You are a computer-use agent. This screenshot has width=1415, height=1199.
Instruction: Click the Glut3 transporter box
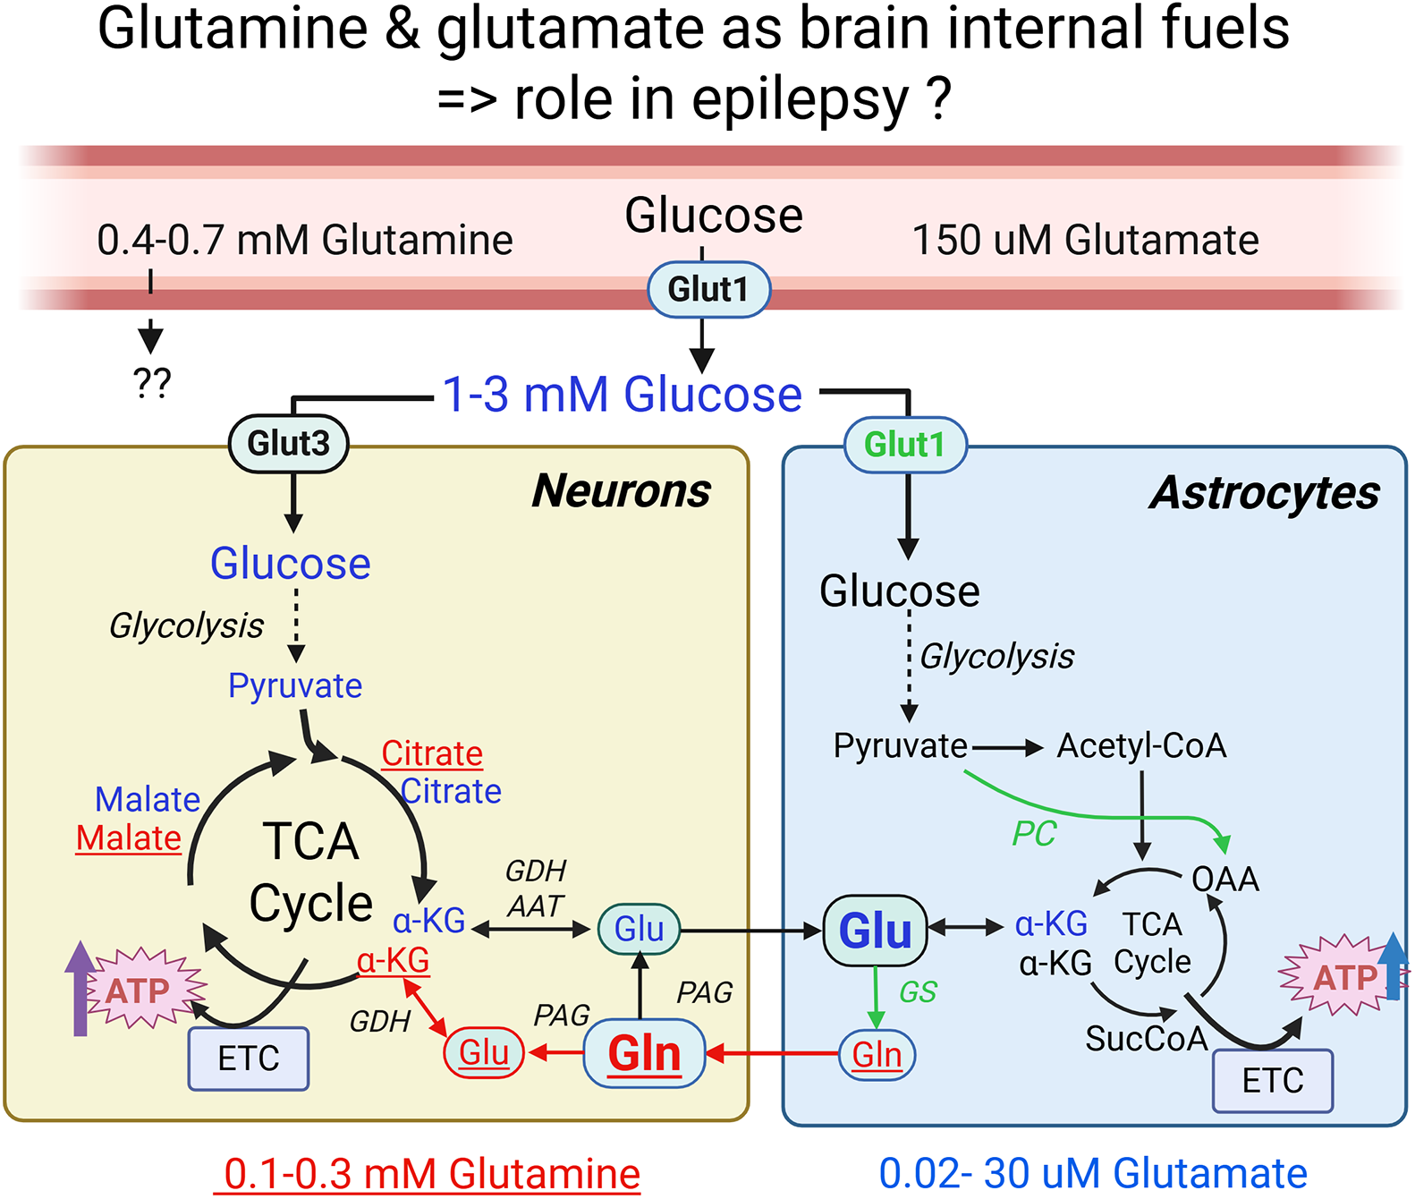tap(288, 443)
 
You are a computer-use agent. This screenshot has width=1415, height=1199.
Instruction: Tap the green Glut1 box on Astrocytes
tap(905, 445)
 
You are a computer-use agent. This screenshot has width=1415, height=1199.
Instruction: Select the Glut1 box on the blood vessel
tap(708, 289)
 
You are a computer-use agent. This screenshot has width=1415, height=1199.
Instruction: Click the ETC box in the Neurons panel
tap(249, 1059)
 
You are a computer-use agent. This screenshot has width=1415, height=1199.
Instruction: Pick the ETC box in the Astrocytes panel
tap(1273, 1081)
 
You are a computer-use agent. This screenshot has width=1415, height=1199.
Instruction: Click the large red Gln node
tap(644, 1053)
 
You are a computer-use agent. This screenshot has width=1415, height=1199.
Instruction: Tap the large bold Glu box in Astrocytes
tap(875, 931)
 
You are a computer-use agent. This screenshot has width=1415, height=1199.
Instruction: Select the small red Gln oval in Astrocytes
tap(877, 1055)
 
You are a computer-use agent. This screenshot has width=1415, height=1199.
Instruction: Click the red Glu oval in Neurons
tap(484, 1053)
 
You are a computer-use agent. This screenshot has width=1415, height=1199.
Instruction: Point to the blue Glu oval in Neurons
tap(639, 929)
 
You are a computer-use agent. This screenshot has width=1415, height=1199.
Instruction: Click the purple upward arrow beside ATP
tap(80, 988)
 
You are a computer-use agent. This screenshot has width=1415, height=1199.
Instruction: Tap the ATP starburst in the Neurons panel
tap(140, 990)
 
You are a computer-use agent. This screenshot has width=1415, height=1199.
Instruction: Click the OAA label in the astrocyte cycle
tap(1225, 880)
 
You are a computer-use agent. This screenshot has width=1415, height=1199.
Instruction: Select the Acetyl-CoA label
tap(1141, 745)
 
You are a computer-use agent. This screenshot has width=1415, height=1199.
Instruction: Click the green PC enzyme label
tap(1034, 834)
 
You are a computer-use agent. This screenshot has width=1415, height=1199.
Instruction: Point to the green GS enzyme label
tap(918, 991)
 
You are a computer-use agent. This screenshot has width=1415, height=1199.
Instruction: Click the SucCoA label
tap(1147, 1038)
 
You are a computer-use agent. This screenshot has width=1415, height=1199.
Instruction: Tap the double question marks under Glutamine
tap(151, 383)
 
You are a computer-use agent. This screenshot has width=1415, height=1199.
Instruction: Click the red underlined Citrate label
tap(432, 753)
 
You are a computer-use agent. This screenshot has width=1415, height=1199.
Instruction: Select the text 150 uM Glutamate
tap(1085, 240)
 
